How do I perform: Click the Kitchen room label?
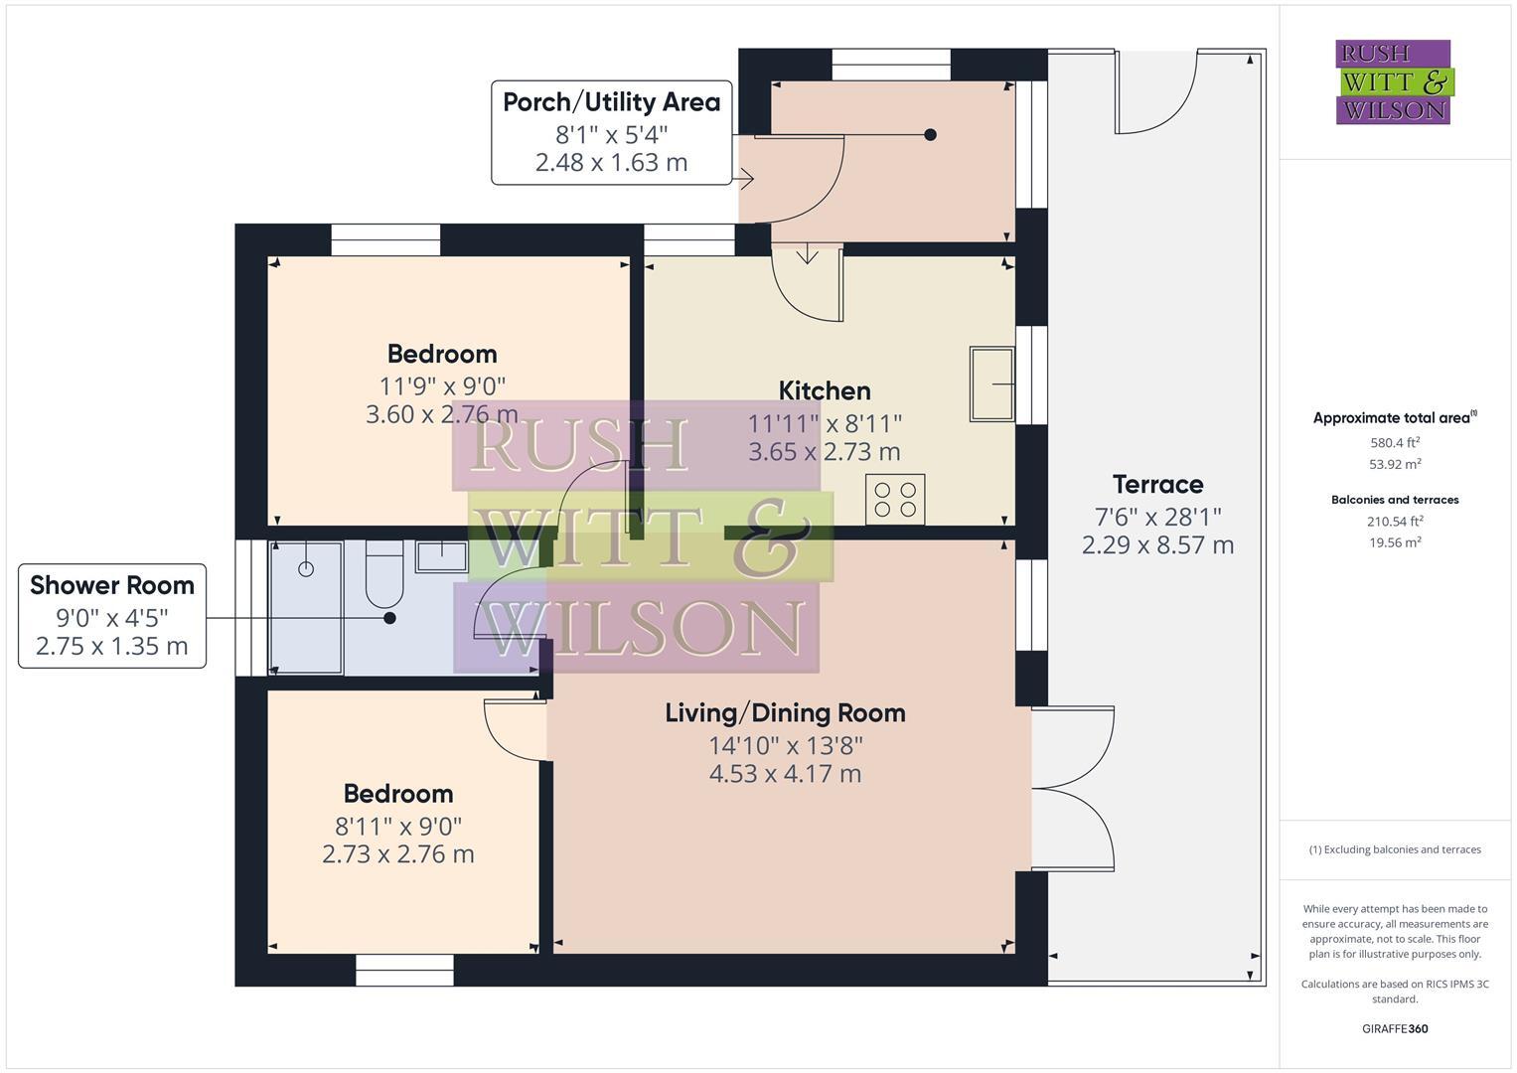click(824, 390)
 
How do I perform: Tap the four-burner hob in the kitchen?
click(895, 499)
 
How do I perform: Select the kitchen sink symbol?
click(991, 383)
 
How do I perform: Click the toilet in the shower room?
click(384, 574)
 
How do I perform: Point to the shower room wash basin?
click(441, 555)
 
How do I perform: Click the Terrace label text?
click(1157, 485)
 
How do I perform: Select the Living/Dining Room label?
click(785, 712)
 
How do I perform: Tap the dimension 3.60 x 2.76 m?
click(442, 414)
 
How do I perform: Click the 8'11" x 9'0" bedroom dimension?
click(398, 825)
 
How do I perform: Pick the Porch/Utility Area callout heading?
click(611, 102)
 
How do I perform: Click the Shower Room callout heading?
click(112, 585)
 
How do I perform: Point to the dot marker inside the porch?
click(930, 134)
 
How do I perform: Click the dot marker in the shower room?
click(389, 618)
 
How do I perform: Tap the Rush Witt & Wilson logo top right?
click(1393, 81)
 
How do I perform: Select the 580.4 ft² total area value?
click(1394, 442)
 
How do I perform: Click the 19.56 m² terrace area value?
click(1394, 542)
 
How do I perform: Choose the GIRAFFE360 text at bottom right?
click(1394, 1028)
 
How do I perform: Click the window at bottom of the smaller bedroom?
click(404, 971)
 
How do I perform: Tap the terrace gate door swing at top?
click(1157, 94)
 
